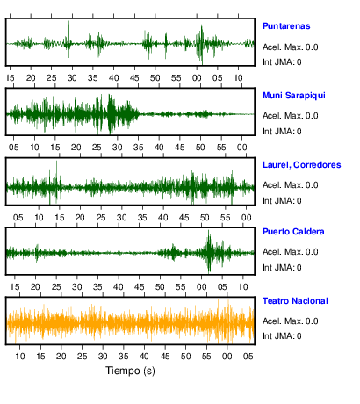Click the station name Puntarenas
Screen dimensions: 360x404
pos(286,26)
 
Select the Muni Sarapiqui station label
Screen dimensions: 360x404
pos(294,96)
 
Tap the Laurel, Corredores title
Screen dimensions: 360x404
pos(302,165)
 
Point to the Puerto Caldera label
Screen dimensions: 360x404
pos(293,232)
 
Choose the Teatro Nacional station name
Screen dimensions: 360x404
pos(295,301)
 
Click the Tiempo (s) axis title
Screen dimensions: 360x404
pos(130,371)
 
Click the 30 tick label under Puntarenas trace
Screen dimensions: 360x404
pos(72,78)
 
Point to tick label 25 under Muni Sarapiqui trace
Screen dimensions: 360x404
pos(97,148)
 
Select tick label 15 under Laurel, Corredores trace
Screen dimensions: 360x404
pos(59,218)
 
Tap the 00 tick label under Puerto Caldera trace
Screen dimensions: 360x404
pos(201,287)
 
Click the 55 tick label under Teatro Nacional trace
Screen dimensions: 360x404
pos(206,357)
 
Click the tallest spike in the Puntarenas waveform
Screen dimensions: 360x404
pos(68,22)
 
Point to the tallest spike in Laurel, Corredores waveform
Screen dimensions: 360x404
pos(56,162)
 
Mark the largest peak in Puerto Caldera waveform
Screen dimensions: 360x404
pos(209,231)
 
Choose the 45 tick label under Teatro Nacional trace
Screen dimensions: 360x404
pos(165,357)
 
